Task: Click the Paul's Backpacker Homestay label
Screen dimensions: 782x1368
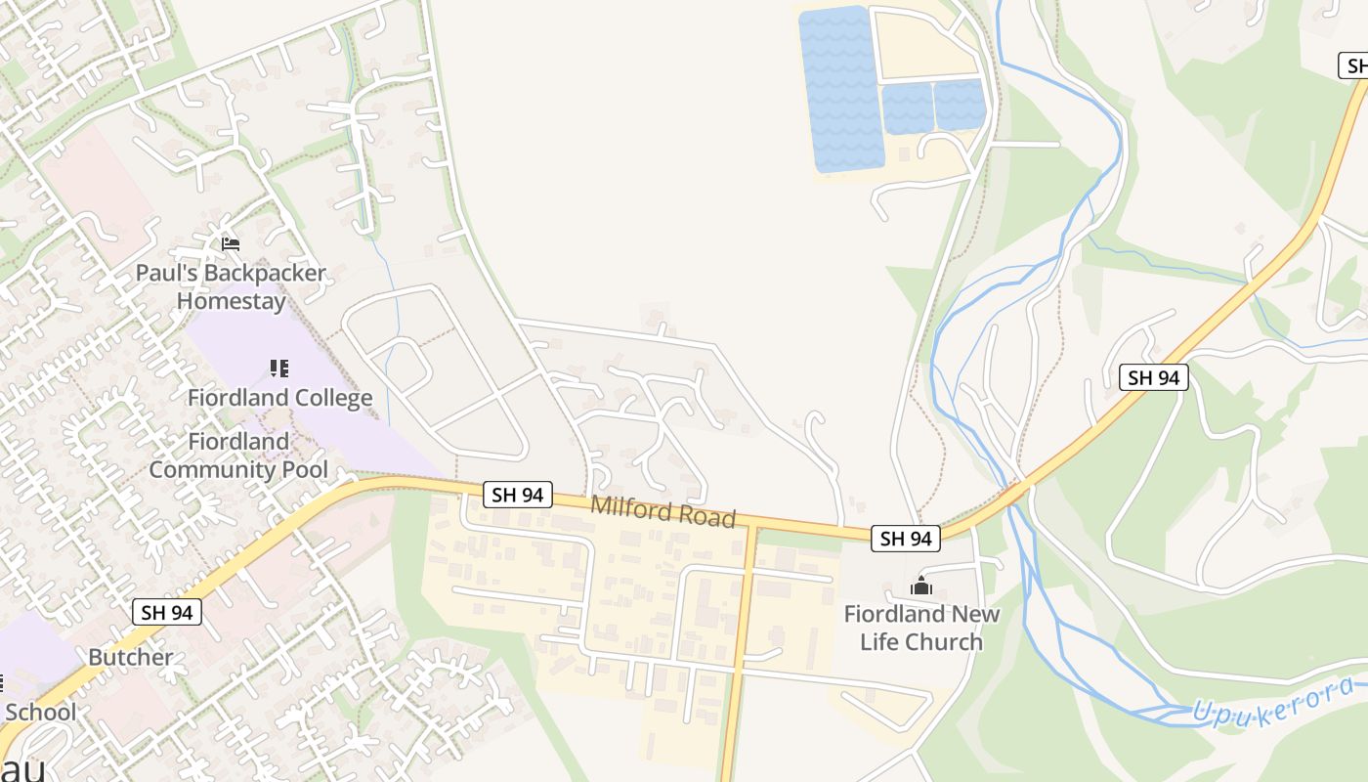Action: [231, 286]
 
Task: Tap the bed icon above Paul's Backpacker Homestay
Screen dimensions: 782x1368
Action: [231, 243]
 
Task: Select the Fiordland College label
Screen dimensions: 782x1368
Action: [279, 398]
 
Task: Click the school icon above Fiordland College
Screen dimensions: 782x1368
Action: [279, 369]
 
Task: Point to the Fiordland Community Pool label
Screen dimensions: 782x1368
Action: [238, 456]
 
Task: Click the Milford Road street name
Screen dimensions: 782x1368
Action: [663, 511]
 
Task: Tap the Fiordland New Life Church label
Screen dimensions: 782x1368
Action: [921, 628]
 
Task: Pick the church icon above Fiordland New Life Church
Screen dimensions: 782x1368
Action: [920, 586]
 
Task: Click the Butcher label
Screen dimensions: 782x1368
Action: [130, 657]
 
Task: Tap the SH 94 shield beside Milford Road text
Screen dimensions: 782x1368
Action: [518, 495]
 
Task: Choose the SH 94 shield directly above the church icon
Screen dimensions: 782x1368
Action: [906, 538]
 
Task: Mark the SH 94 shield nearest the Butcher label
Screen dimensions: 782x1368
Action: [167, 613]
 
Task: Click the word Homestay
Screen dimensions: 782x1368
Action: [231, 301]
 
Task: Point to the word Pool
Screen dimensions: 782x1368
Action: [304, 469]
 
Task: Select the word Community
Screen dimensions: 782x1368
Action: [212, 469]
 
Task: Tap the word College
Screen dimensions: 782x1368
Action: [323, 398]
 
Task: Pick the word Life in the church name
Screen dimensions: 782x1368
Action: [921, 642]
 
